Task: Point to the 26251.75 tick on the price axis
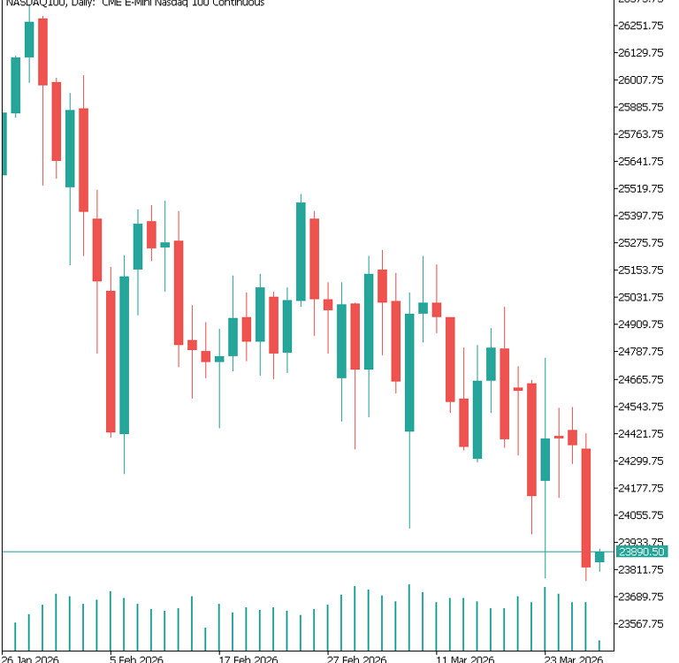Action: pos(642,26)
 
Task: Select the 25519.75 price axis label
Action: pos(642,188)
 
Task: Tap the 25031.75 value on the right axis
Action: pos(642,297)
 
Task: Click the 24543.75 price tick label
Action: pos(642,407)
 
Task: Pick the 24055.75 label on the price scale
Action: pos(642,515)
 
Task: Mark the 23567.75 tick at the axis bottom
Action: pos(642,624)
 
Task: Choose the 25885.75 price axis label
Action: pos(642,107)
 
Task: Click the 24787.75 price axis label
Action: pos(642,352)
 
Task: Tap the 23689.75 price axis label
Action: pos(642,597)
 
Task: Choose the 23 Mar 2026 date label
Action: pos(573,659)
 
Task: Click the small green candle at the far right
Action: pos(599,556)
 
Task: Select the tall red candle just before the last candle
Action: pos(585,507)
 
